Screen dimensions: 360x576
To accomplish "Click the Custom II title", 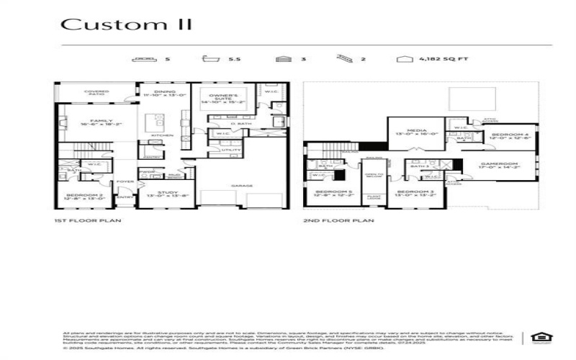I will (x=127, y=24).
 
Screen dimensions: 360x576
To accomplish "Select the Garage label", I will (x=241, y=185).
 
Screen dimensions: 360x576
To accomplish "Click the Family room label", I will (x=97, y=122).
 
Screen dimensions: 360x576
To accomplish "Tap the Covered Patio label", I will (x=96, y=93).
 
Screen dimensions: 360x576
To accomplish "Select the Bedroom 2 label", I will (x=78, y=196).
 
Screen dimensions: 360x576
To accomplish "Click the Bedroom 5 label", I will (x=332, y=193).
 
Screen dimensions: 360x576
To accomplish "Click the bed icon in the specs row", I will (x=145, y=58).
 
